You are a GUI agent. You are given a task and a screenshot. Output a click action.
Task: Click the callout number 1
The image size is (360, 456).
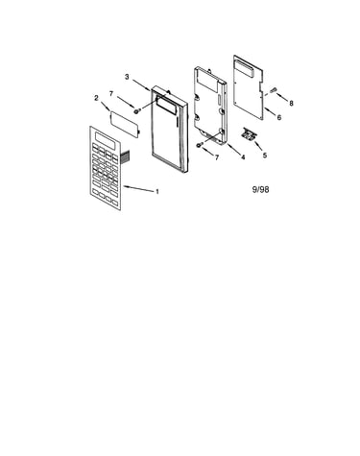(x=157, y=192)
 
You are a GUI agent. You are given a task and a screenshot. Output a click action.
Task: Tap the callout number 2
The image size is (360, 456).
(x=96, y=98)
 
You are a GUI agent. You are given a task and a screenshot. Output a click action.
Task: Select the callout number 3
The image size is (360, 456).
(x=127, y=77)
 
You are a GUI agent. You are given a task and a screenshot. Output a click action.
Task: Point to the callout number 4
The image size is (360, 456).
(x=243, y=157)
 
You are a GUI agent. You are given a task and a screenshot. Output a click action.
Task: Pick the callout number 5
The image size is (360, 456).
(x=265, y=156)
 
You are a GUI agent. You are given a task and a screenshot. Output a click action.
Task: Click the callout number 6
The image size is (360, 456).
(x=279, y=117)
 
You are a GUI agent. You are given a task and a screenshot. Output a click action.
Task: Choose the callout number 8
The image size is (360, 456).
(x=291, y=103)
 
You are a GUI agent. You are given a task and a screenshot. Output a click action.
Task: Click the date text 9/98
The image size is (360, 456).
(x=260, y=189)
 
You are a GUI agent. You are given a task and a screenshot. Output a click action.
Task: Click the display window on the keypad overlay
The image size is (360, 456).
(x=105, y=140)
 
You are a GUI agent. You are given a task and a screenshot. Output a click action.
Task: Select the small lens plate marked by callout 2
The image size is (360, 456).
(x=125, y=124)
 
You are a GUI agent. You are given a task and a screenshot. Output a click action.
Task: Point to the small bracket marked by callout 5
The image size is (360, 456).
(x=249, y=133)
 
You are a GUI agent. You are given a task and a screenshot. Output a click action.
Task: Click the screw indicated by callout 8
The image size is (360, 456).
(x=274, y=90)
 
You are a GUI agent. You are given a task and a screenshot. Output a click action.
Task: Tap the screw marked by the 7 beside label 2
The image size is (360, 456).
(x=137, y=111)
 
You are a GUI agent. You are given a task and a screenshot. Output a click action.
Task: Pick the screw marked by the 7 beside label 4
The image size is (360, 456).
(x=200, y=146)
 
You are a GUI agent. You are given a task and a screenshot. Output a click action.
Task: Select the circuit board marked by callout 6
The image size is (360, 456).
(x=249, y=87)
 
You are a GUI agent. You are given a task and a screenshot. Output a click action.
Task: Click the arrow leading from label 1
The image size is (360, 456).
(x=138, y=188)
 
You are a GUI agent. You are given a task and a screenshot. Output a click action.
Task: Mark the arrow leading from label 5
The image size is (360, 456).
(x=257, y=145)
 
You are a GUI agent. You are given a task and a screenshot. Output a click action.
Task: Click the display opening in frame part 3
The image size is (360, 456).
(x=166, y=106)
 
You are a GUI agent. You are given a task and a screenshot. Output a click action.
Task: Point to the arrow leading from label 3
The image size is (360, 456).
(x=141, y=85)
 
